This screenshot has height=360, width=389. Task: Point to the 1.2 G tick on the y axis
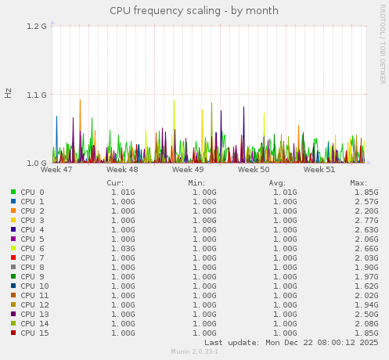coord(37,26)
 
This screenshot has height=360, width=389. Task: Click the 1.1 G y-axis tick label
coord(37,95)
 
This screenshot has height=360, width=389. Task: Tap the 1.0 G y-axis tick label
coord(37,163)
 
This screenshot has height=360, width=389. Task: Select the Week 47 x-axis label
coord(56,169)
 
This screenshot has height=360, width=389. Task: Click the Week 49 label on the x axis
coord(188,169)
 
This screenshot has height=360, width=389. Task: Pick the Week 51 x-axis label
coord(319,169)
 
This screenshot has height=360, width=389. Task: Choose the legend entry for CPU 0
coord(32,192)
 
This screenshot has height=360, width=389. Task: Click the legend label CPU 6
coord(32,248)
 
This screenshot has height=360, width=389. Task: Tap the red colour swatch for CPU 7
coord(13,257)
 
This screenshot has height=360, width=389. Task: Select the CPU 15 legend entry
coord(34,333)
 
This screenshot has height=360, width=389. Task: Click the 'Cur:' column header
coord(115,182)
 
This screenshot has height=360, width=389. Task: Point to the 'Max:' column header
coord(359,182)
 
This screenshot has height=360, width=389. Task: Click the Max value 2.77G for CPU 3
coord(366,220)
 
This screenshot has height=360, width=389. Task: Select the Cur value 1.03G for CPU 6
coord(122,248)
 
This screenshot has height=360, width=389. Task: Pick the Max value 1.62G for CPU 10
coord(366,286)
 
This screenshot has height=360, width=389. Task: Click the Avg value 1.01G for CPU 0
coord(285,192)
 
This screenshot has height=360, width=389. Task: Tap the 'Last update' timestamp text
coord(291,343)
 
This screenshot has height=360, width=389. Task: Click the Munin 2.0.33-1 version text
coord(194,352)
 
